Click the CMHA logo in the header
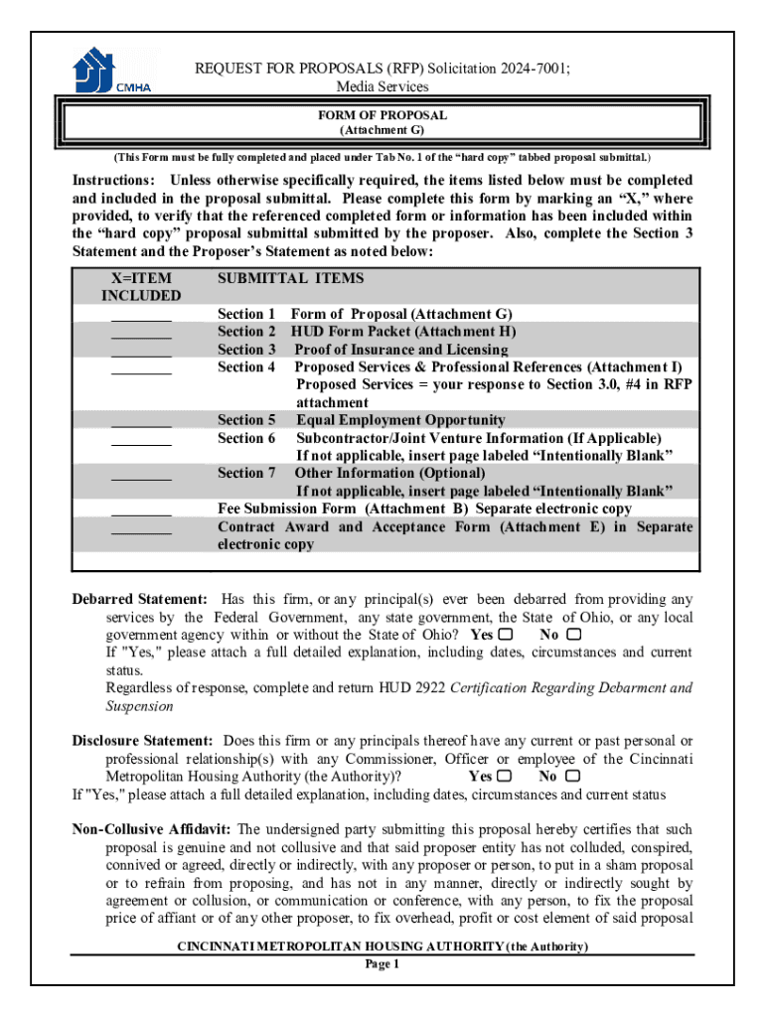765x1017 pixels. [113, 71]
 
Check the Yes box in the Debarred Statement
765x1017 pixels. [507, 634]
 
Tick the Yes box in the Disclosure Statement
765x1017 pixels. [506, 777]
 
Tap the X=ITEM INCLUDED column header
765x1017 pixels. [141, 287]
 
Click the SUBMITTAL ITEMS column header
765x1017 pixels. [290, 279]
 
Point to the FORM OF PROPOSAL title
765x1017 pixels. [382, 115]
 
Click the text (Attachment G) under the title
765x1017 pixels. [382, 130]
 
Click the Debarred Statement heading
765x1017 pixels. [140, 599]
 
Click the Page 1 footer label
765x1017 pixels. [382, 963]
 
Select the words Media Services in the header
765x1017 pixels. [382, 87]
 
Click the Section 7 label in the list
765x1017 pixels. [246, 474]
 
